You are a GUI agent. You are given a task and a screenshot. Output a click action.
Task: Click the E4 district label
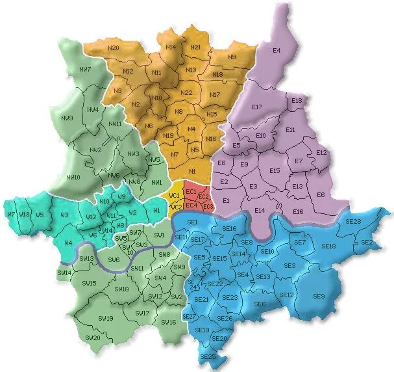pyautogui.click(x=277, y=50)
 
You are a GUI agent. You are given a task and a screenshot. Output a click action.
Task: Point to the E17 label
pyautogui.click(x=256, y=107)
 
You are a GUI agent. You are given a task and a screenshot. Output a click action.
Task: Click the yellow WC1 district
pyautogui.click(x=174, y=196)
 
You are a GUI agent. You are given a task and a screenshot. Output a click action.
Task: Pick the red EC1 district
pyautogui.click(x=191, y=192)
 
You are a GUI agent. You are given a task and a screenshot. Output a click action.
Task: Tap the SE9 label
pyautogui.click(x=319, y=297)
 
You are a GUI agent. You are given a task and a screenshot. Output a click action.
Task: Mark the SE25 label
pyautogui.click(x=208, y=357)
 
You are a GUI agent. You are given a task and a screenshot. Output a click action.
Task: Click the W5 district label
pyautogui.click(x=40, y=215)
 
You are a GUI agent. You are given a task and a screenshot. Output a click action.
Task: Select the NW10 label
pyautogui.click(x=73, y=177)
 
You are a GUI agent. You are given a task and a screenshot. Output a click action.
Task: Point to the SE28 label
pyautogui.click(x=354, y=222)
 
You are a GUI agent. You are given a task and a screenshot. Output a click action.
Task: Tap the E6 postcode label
pyautogui.click(x=321, y=195)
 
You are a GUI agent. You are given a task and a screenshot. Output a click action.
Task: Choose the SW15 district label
pyautogui.click(x=90, y=283)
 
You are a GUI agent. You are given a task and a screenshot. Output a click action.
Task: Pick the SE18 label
pyautogui.click(x=329, y=246)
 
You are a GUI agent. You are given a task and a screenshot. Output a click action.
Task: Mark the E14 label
pyautogui.click(x=260, y=210)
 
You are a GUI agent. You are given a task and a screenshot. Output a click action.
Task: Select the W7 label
pyautogui.click(x=10, y=214)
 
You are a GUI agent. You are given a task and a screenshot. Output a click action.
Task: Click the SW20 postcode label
pyautogui.click(x=92, y=338)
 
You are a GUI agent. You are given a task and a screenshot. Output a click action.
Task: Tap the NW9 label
pyautogui.click(x=68, y=118)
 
